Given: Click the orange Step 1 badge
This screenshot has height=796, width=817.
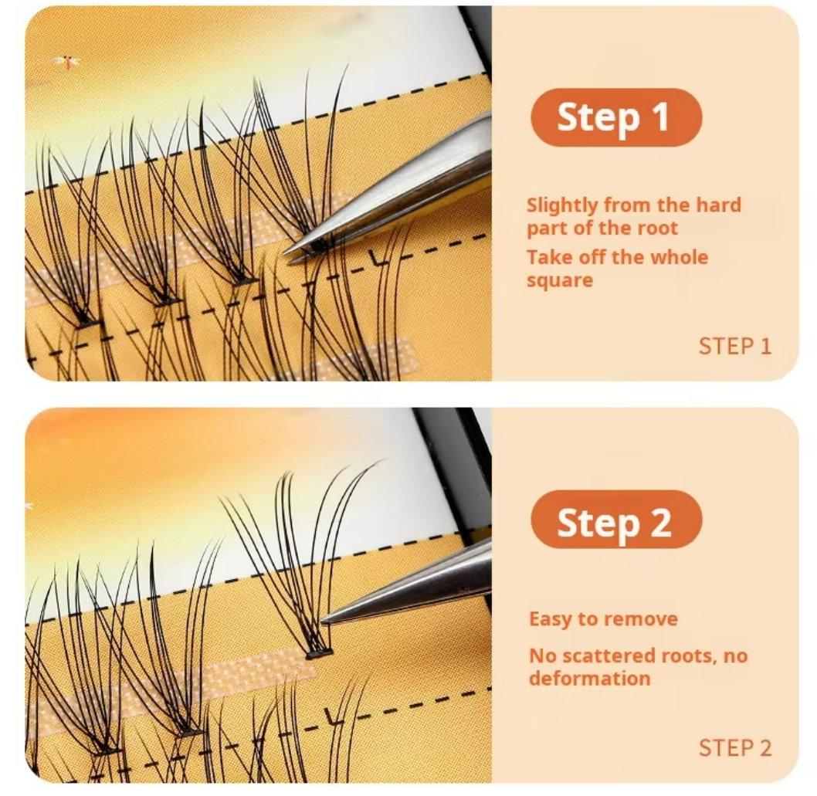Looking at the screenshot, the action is coord(616,117).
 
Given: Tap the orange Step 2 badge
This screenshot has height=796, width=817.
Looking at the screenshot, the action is coord(616,520).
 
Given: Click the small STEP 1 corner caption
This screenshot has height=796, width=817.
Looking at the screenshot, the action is coord(734,347).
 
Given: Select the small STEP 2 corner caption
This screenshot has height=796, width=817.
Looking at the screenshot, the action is coord(734,748).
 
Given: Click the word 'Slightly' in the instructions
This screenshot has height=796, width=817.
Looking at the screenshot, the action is coord(562,206).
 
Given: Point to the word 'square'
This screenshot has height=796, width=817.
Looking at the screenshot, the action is coord(560,281).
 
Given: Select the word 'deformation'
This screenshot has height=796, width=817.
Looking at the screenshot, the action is coord(590,679).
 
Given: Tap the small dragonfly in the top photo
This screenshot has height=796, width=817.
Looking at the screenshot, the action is coord(66,63).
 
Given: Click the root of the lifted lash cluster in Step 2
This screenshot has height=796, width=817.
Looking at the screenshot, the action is coord(319,653).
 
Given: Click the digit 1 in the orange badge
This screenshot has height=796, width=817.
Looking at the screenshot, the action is coord(661,117).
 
